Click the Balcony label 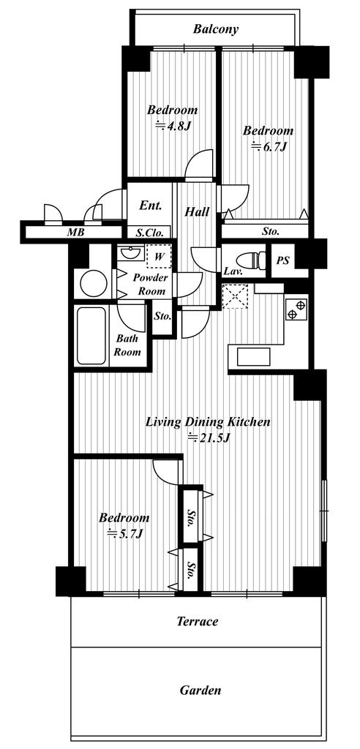click(x=216, y=29)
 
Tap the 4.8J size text click(x=173, y=127)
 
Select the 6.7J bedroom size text click(x=269, y=146)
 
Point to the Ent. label click(x=150, y=206)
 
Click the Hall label click(x=197, y=211)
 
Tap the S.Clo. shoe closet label click(x=149, y=233)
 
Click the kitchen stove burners click(x=296, y=309)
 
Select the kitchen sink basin click(x=250, y=356)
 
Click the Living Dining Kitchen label click(x=208, y=422)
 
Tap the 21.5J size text click(x=209, y=437)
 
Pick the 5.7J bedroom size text click(x=124, y=533)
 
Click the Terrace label click(x=198, y=622)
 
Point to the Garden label click(x=200, y=690)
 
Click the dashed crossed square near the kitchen click(x=235, y=296)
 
